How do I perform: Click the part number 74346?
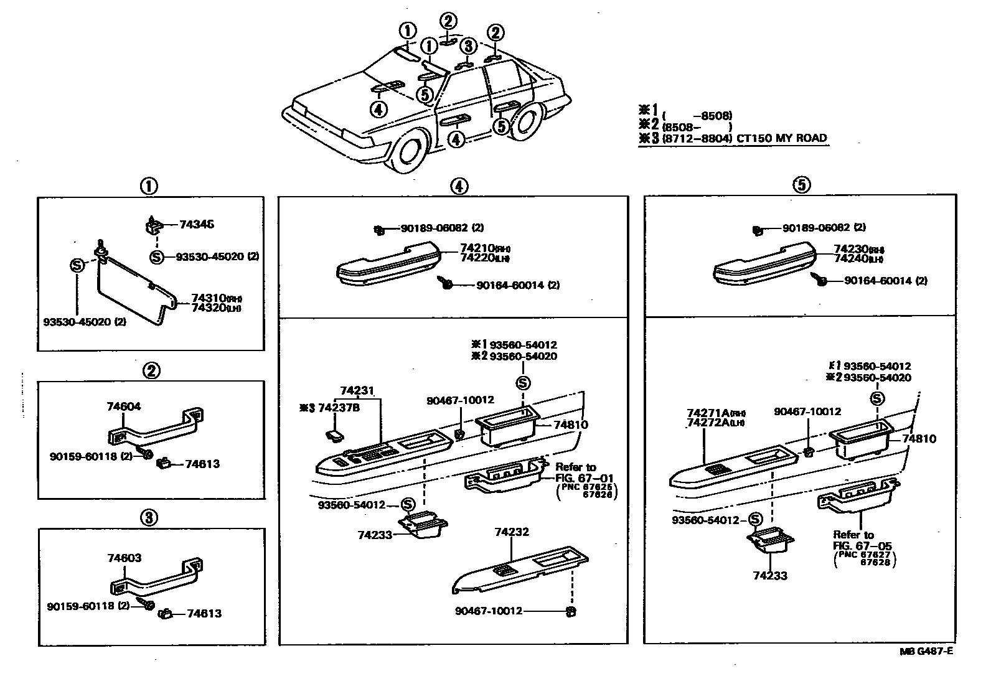click(x=196, y=225)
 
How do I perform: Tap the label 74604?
click(x=124, y=406)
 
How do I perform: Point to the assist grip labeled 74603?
click(x=156, y=582)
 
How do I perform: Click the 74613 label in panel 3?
click(x=204, y=613)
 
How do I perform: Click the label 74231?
click(x=357, y=391)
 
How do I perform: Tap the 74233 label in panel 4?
click(x=375, y=535)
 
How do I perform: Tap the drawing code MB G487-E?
click(x=925, y=651)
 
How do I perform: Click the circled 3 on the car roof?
click(x=469, y=46)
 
